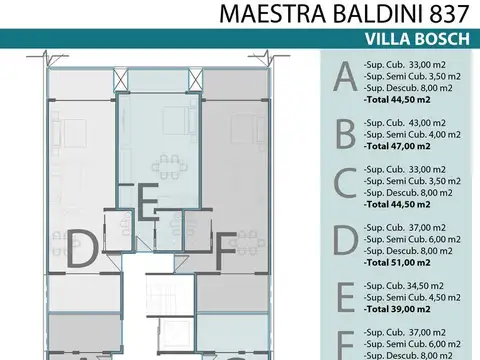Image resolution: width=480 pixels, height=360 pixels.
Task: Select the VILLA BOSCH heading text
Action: [413, 39]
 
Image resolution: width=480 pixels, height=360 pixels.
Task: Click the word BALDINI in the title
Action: [375, 13]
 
